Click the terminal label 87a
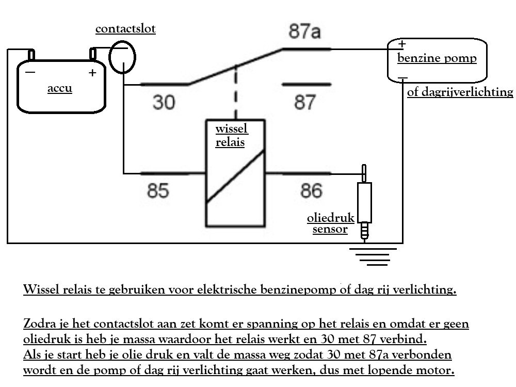click(x=304, y=31)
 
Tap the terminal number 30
click(x=164, y=102)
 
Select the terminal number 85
click(x=158, y=190)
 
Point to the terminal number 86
click(x=311, y=190)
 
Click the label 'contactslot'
click(x=125, y=28)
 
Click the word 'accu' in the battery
click(x=59, y=88)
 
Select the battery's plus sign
click(x=92, y=72)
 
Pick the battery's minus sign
click(x=30, y=72)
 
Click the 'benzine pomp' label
click(x=437, y=58)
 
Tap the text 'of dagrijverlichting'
click(x=460, y=92)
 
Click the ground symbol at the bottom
click(x=373, y=256)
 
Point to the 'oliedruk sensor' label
click(x=330, y=223)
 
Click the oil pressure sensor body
click(x=364, y=203)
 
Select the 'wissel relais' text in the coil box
click(x=232, y=135)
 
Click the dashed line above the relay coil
click(x=236, y=93)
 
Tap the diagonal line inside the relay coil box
click(x=235, y=176)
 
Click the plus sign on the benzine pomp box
click(x=402, y=43)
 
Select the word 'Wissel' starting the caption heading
click(x=41, y=289)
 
